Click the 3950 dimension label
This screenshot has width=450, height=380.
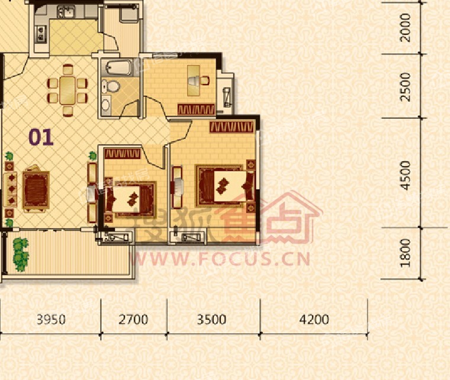point(51,319)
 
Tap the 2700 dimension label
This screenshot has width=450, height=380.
point(133,319)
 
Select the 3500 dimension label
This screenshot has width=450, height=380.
point(211,319)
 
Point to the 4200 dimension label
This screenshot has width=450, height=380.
point(314,319)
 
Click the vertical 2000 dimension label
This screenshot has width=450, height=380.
point(406,28)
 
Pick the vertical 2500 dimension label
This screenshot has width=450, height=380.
point(406,87)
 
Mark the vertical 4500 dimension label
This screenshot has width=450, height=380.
point(406,176)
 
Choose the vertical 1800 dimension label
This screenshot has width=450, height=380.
point(406,253)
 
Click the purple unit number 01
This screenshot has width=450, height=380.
point(41,137)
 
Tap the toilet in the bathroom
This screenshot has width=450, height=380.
point(111,86)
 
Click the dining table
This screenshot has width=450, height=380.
point(67,90)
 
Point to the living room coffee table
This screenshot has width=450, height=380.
point(36,190)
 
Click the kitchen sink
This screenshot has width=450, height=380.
point(66,12)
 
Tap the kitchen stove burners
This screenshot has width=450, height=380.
point(41,34)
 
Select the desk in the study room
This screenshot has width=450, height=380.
point(194,80)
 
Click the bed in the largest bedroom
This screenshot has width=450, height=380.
point(226,186)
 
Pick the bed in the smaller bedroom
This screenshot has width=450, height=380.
point(131,199)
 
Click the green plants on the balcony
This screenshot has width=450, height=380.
point(21,254)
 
